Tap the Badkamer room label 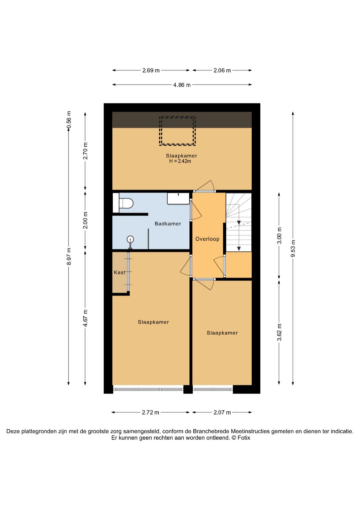coord(168,223)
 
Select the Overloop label coord(207,239)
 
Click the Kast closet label coord(119,272)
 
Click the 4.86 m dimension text coord(182,85)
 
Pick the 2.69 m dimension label coord(151,70)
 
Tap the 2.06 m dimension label coord(222,70)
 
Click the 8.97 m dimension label coord(69,256)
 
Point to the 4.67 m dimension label coord(85,318)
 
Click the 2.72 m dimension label coord(151,412)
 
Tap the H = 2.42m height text coord(180,161)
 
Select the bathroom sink coord(179,198)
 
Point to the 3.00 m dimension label coord(279,235)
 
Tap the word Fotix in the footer coord(244,438)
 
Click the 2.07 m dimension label coord(222,412)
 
